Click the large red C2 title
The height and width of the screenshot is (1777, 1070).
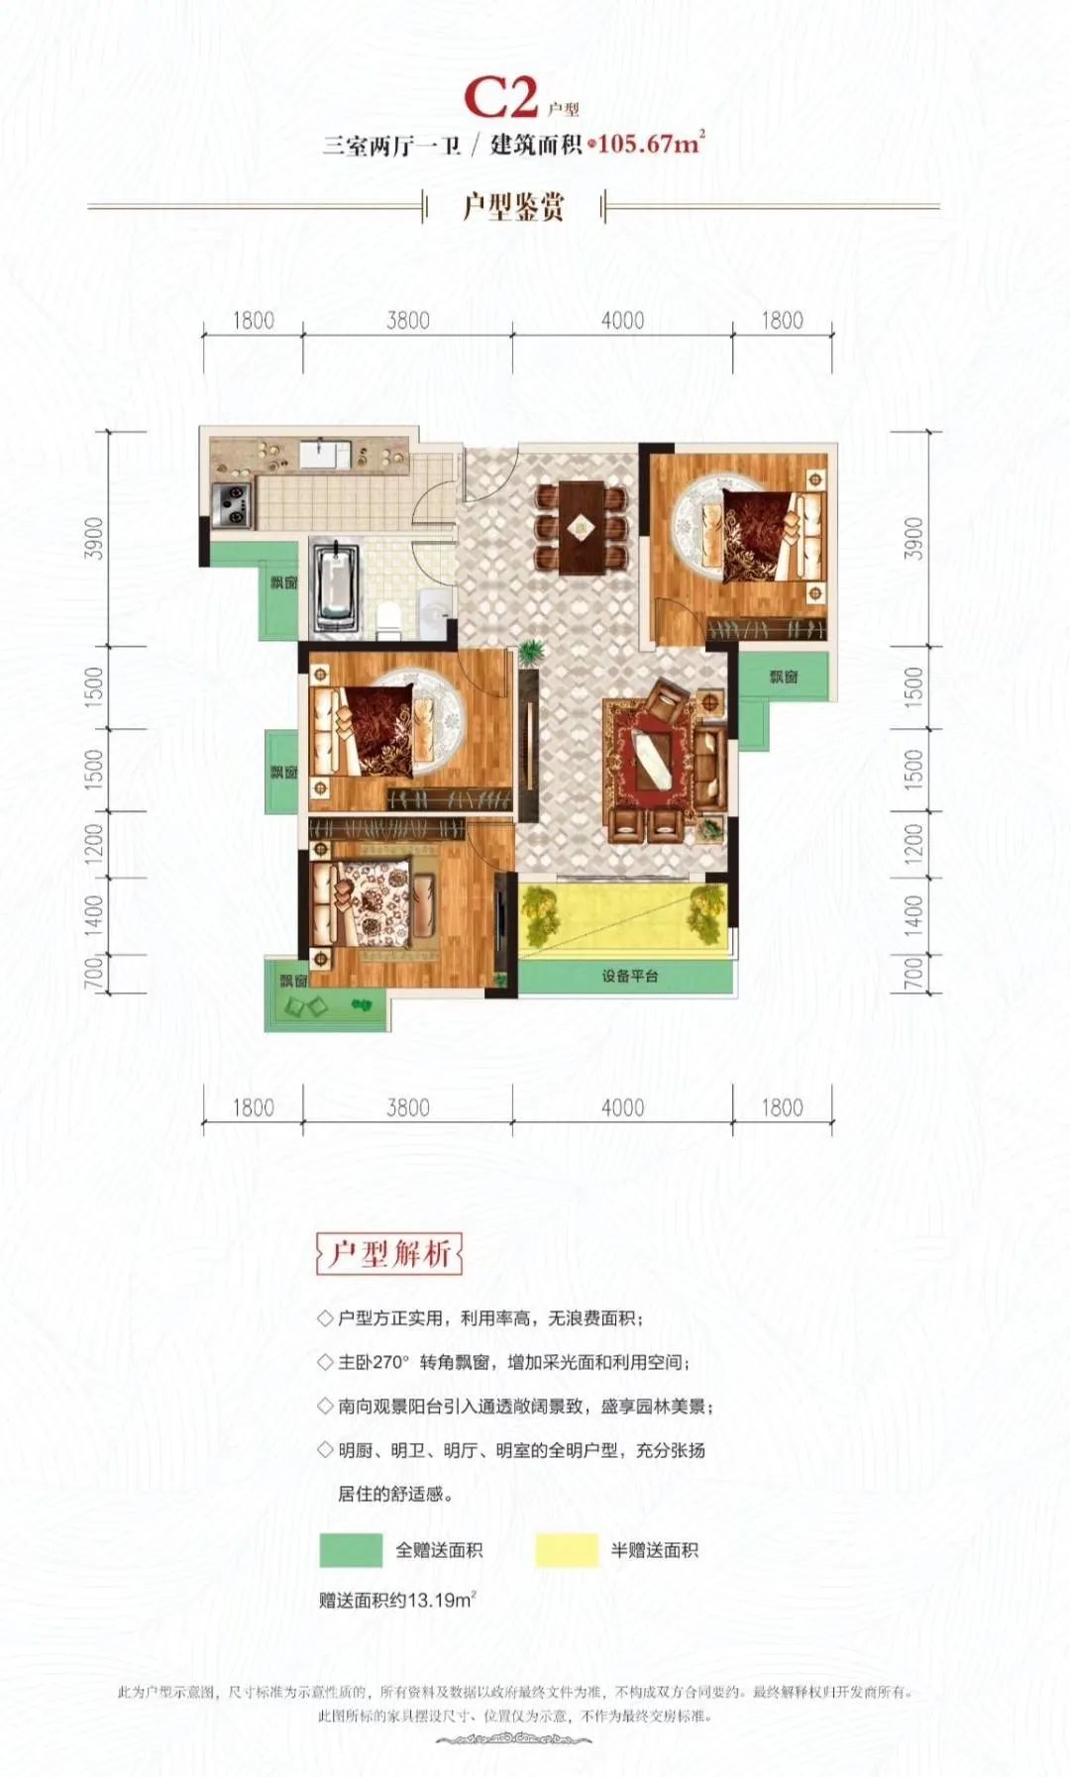point(501,98)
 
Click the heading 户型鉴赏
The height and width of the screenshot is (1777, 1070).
point(513,207)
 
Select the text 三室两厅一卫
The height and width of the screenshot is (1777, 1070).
point(392,146)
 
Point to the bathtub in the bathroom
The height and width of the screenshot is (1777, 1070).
point(335,586)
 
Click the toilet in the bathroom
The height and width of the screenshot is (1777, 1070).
point(390,616)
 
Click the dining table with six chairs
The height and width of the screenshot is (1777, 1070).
point(581,527)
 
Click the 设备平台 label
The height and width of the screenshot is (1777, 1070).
point(629,977)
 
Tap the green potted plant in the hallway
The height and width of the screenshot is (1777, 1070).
point(532,653)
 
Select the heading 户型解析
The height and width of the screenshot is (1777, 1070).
point(389,1254)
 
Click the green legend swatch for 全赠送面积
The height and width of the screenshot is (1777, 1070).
point(351,1550)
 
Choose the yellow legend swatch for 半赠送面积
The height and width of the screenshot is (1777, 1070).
point(567,1550)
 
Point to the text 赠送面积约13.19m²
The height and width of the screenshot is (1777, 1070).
point(397,1600)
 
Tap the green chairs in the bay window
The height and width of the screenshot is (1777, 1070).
point(305,1007)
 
